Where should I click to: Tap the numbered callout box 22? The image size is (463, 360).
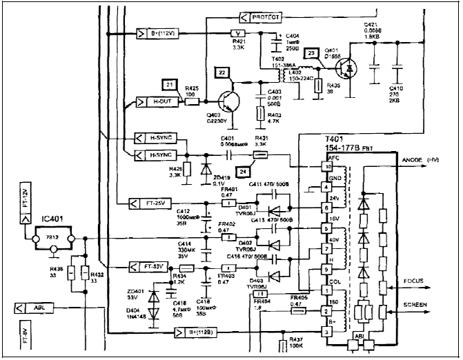(221, 72)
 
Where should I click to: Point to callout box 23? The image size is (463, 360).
(312, 53)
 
